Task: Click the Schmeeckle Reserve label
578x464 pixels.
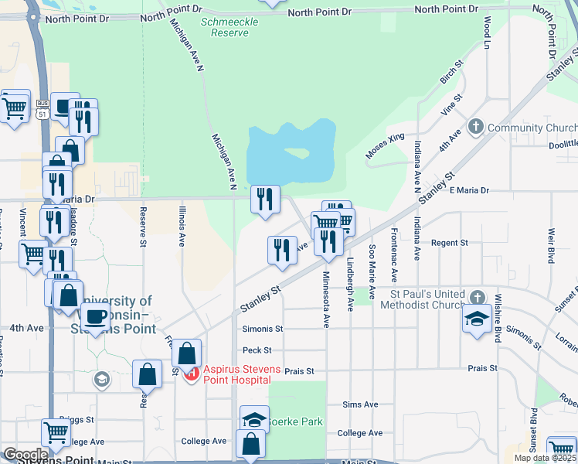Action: click(225, 28)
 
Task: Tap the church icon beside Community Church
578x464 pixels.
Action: click(476, 127)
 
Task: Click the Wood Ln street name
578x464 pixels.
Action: click(487, 32)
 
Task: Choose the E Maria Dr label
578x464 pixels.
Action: click(469, 190)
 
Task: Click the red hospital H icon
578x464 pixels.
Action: click(191, 374)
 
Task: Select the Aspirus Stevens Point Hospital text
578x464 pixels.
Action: click(237, 374)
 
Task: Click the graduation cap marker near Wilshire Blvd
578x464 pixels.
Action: click(475, 318)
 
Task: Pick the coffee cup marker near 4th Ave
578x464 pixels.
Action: click(95, 316)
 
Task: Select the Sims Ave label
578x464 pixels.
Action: click(360, 404)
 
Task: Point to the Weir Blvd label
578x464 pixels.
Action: click(551, 245)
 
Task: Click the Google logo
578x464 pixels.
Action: click(25, 455)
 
